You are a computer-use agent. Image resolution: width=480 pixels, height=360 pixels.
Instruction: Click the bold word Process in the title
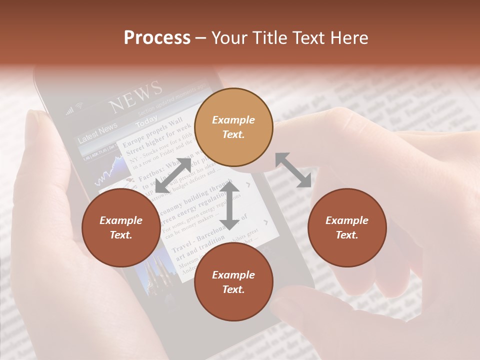coord(157,38)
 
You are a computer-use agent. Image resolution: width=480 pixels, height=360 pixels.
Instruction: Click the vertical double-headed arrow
coord(229,205)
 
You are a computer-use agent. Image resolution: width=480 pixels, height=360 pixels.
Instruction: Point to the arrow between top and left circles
coord(173,175)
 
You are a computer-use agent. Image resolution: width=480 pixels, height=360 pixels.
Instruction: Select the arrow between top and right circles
coord(293,170)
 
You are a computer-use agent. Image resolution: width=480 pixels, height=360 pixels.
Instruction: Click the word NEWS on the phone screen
coord(136,97)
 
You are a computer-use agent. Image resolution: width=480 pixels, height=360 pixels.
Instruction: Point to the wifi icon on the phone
coord(78,106)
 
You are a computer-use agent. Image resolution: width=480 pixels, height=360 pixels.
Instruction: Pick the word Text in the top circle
coord(233,134)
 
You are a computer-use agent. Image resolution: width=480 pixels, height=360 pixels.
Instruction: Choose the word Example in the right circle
coord(347,220)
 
